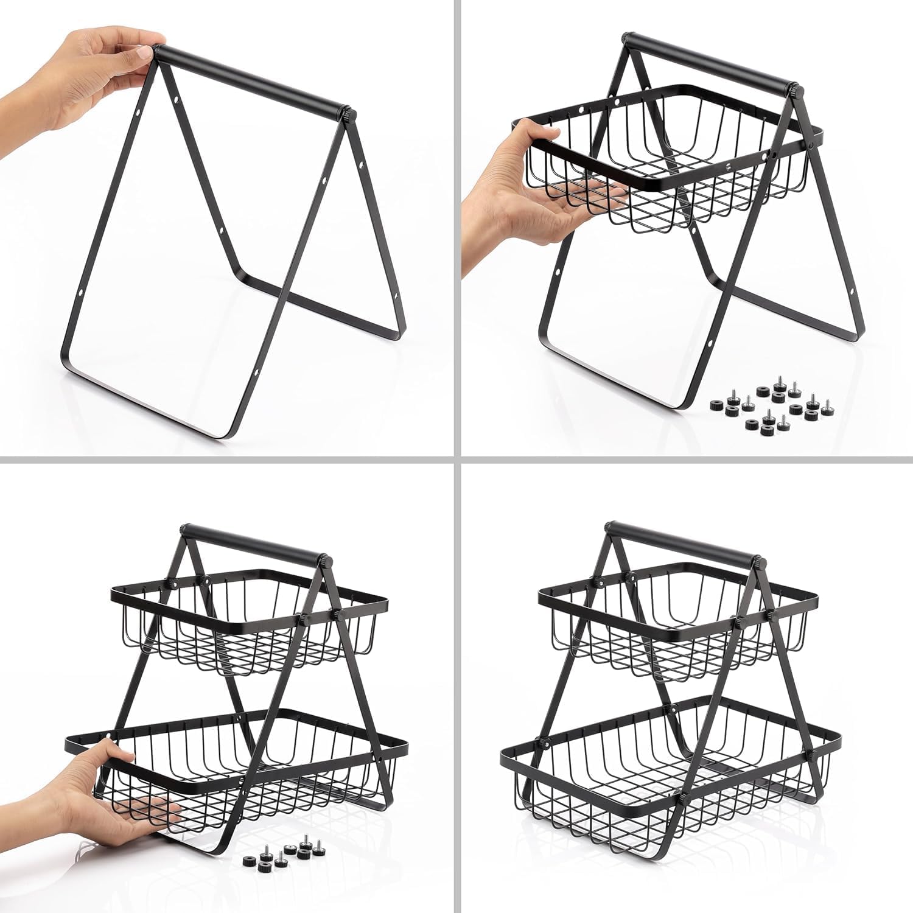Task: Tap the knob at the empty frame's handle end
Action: [x=346, y=114]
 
